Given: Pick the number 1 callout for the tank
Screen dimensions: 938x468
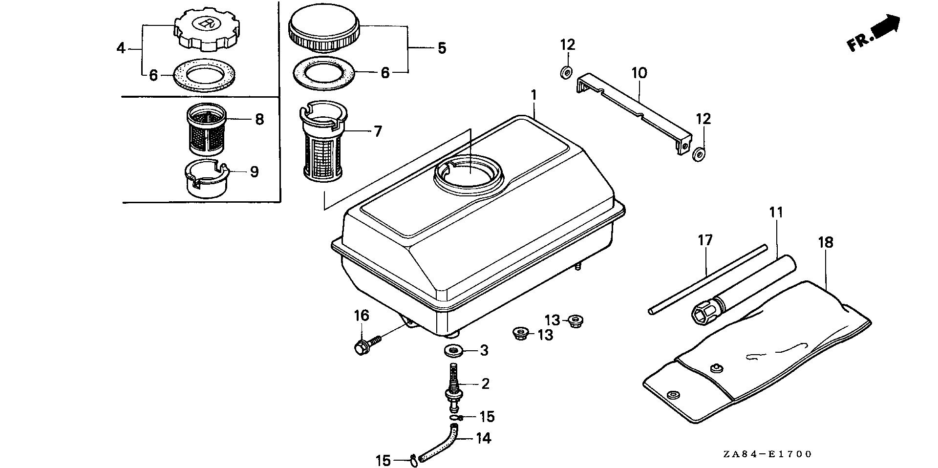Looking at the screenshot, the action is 534,95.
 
